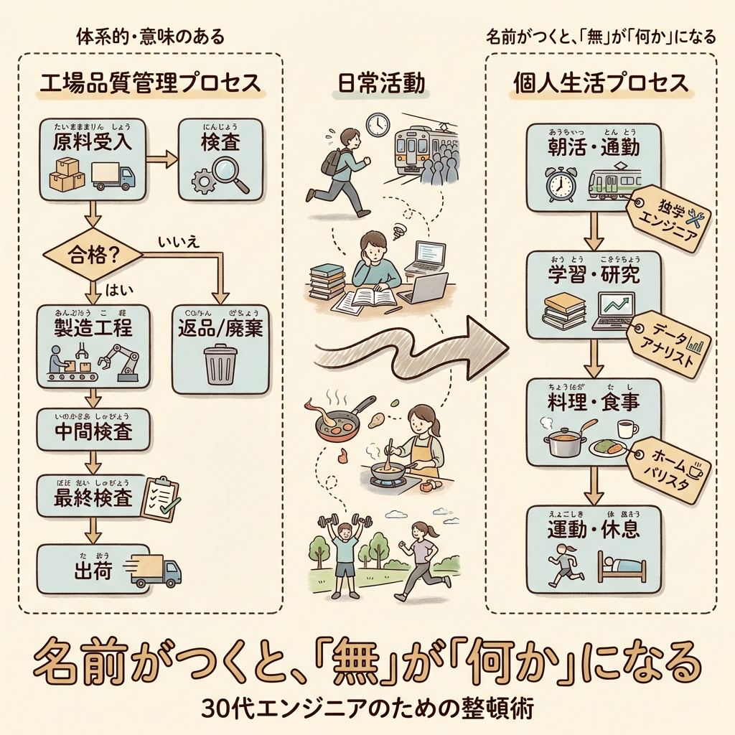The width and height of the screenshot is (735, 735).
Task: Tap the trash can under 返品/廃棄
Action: (220, 364)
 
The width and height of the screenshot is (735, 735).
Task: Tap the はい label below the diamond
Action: (116, 290)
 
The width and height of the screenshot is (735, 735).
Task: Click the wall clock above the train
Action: (377, 123)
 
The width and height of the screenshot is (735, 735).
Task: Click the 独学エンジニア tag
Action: (668, 218)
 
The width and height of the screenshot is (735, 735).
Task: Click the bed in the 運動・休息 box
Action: (621, 566)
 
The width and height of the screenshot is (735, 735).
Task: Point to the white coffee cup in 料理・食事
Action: (627, 429)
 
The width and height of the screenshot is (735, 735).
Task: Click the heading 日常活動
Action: (380, 84)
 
